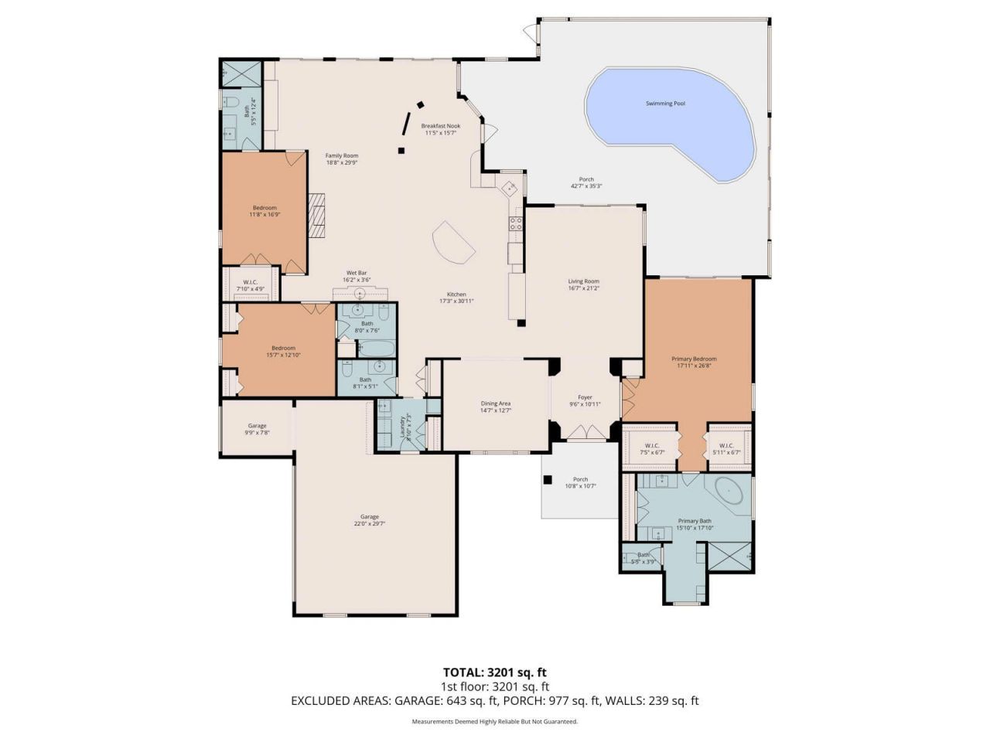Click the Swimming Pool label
665,104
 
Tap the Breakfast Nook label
440,126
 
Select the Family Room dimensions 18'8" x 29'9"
341,163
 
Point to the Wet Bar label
357,273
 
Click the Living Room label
583,281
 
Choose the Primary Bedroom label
693,359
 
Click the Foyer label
585,397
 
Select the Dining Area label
495,403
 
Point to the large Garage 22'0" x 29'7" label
369,517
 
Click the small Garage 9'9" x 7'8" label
257,426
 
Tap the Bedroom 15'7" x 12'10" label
283,348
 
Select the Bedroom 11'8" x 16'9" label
265,208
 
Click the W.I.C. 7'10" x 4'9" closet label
250,282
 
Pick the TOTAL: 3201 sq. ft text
494,672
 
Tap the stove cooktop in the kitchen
514,225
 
